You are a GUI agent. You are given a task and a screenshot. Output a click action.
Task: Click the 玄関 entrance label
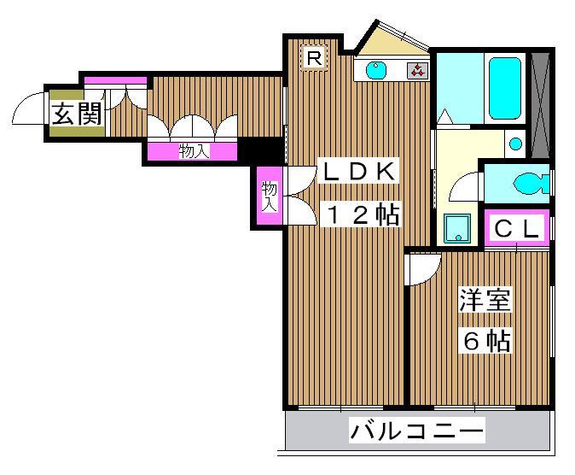pos(76,114)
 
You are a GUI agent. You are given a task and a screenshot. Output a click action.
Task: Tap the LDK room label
pos(357,172)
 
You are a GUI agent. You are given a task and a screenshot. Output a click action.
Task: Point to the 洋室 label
pos(485,301)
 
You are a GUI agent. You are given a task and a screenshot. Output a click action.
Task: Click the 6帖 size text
pos(486,341)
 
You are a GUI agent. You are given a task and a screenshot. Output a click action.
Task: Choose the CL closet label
pos(517,229)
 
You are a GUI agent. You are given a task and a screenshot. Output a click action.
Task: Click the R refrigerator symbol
pos(314,59)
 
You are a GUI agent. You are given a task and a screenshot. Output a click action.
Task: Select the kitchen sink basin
pos(376,71)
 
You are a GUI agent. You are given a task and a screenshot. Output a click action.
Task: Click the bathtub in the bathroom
pos(505,89)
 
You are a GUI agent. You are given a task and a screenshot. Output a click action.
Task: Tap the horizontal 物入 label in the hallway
pos(194,152)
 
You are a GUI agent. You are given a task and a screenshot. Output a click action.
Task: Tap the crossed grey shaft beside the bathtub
pos(538,104)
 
